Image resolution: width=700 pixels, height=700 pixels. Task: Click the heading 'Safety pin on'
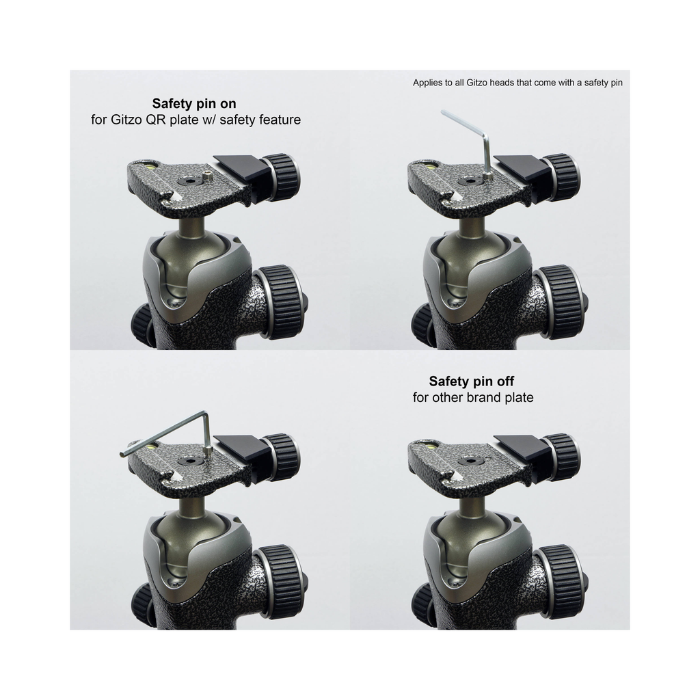(194, 104)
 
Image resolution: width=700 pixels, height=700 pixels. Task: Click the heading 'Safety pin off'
(471, 381)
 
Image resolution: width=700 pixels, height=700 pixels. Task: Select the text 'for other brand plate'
(473, 397)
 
